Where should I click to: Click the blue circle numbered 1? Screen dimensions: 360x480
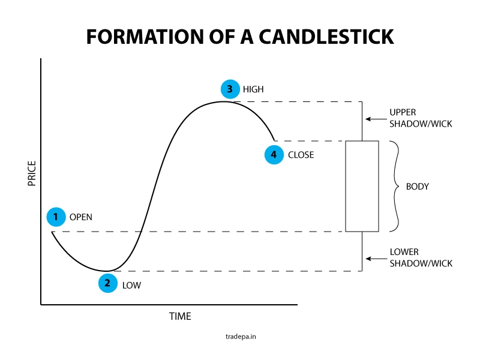(x=56, y=217)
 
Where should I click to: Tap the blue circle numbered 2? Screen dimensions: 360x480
(x=107, y=283)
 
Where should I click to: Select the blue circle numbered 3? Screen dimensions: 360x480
(x=229, y=89)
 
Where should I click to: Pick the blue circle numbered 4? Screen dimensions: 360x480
(x=274, y=155)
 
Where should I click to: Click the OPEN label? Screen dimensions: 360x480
(x=81, y=217)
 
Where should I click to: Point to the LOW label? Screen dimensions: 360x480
(x=131, y=285)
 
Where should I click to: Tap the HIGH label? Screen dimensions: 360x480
(x=253, y=89)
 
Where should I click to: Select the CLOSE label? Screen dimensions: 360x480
(x=301, y=155)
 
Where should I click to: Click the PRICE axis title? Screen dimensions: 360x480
(x=32, y=173)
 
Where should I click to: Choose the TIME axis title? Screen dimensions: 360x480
(x=180, y=316)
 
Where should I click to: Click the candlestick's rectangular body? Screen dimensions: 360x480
(x=362, y=186)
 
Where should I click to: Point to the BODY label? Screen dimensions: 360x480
(x=418, y=187)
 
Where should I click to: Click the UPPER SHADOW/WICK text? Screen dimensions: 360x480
(x=421, y=118)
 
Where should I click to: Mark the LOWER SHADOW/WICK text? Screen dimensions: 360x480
(x=421, y=258)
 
